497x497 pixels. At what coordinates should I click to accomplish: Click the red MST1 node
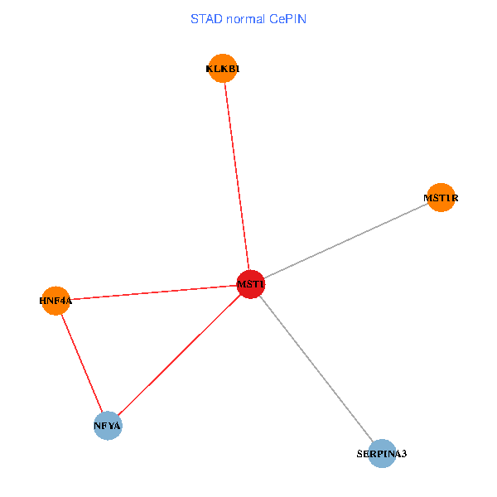click(x=250, y=284)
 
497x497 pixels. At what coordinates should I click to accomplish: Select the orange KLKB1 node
click(x=222, y=69)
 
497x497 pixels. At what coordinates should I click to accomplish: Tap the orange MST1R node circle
click(x=441, y=197)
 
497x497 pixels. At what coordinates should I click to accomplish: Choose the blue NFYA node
click(x=108, y=426)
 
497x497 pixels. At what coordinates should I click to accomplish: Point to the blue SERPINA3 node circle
click(x=381, y=453)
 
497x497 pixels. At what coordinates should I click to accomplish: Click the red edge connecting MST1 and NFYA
click(x=178, y=356)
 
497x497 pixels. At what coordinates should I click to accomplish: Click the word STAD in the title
click(x=206, y=18)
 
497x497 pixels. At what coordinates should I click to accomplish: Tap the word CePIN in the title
click(x=287, y=18)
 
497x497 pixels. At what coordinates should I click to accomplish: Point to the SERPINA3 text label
click(x=382, y=454)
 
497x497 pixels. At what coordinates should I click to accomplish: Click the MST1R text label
click(x=441, y=198)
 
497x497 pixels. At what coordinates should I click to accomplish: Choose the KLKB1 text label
click(x=222, y=69)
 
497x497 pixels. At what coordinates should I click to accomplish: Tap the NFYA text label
click(x=108, y=426)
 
